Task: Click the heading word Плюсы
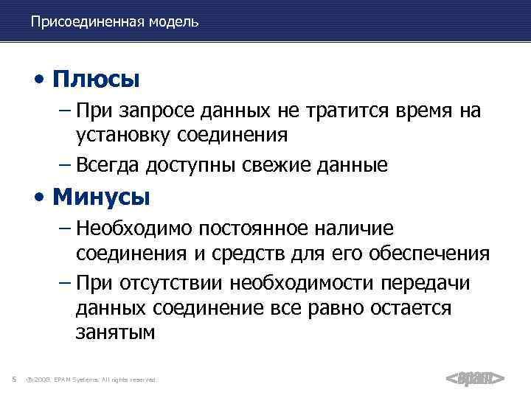point(97,77)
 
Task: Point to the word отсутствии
point(167,284)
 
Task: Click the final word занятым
point(115,332)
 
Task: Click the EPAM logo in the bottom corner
point(475,379)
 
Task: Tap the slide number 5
point(15,379)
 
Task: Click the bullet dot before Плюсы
point(46,79)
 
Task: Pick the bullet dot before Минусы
point(46,199)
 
